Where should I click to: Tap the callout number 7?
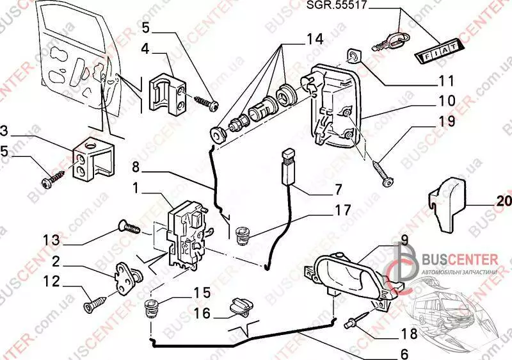[339, 189]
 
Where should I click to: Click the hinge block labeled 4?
[168, 95]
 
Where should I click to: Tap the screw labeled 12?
[95, 302]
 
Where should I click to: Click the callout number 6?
[404, 352]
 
